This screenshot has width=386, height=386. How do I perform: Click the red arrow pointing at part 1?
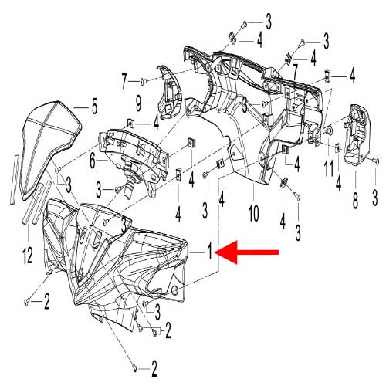click(246, 252)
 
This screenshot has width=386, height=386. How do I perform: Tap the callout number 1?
click(210, 252)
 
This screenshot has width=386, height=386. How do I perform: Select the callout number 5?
click(94, 107)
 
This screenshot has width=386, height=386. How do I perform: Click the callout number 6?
click(93, 160)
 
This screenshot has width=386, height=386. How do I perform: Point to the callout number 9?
click(139, 103)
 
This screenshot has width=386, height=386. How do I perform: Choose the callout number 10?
click(253, 213)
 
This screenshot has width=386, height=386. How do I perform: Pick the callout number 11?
click(328, 168)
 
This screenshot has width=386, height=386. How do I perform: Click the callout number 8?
click(355, 200)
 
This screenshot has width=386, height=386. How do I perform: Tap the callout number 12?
click(28, 256)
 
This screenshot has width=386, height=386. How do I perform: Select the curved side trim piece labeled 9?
click(169, 93)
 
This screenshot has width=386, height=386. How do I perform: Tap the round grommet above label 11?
click(328, 131)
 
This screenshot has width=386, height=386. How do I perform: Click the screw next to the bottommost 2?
click(134, 369)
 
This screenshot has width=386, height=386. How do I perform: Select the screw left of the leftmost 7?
click(144, 82)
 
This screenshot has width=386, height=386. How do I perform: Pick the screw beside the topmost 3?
click(244, 25)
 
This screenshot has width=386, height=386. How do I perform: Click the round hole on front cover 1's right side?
click(174, 290)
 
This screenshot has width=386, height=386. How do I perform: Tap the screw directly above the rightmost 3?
click(375, 161)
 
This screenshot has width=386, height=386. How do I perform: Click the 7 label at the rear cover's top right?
click(295, 71)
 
